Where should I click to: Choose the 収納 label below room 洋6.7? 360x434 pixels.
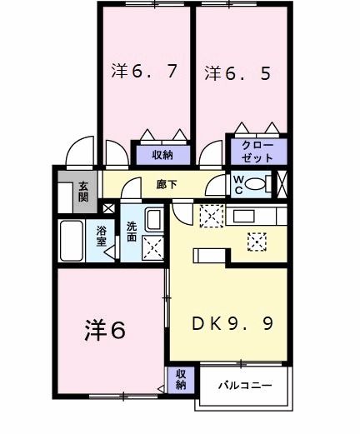tap(162, 154)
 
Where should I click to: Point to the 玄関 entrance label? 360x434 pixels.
tap(84, 192)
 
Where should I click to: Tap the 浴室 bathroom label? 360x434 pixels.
tap(102, 236)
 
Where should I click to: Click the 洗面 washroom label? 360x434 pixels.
tap(132, 231)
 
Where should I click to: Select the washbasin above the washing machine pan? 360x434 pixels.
tap(154, 220)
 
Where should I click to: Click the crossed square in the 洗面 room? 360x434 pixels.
tap(153, 248)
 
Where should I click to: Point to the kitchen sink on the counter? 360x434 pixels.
tap(247, 216)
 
